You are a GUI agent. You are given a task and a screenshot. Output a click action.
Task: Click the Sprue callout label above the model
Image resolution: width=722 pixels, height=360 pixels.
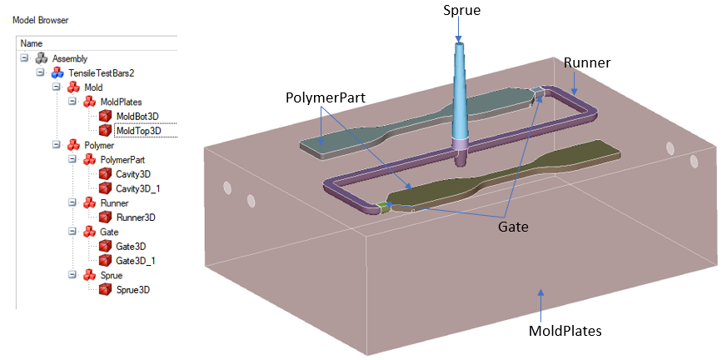[x=457, y=11]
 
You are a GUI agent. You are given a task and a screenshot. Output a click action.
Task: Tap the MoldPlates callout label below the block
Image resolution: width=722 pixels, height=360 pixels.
[x=565, y=330]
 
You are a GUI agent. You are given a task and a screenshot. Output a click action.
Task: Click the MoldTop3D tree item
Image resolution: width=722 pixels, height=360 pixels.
[x=138, y=130]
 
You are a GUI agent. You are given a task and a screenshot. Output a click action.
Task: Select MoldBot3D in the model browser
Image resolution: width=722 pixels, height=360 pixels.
[x=137, y=116]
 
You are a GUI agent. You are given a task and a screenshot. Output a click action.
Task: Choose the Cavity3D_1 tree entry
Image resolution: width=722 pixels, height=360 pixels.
[x=138, y=188]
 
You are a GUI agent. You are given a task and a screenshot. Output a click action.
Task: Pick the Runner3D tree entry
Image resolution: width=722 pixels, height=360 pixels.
[x=136, y=217]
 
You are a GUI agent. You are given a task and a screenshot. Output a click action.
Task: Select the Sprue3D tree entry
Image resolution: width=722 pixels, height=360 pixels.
[x=133, y=289]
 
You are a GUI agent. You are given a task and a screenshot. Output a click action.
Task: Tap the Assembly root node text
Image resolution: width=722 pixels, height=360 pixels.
[x=70, y=58]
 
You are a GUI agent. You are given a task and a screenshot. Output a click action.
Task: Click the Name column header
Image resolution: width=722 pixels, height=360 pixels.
[x=32, y=43]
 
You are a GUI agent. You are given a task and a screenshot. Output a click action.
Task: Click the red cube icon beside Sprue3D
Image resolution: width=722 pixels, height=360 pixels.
[x=105, y=289]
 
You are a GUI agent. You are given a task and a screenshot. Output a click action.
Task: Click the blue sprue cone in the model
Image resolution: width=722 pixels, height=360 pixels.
[x=459, y=92]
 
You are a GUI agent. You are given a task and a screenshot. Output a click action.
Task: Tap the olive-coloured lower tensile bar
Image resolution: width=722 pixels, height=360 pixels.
[x=516, y=174]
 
